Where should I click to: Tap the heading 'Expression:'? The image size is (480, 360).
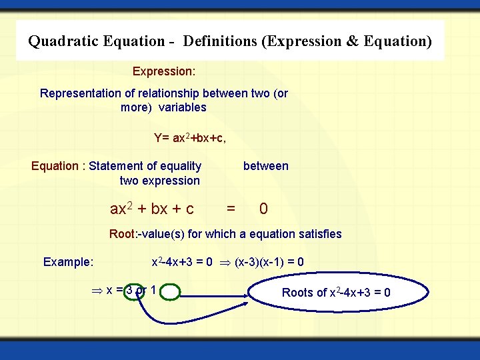[x=163, y=71]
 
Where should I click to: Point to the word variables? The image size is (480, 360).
[x=182, y=107]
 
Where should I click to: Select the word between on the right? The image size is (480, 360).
[x=265, y=166]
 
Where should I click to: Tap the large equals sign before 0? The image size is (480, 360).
[x=231, y=209]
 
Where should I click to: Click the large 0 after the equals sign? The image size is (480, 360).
[x=264, y=209]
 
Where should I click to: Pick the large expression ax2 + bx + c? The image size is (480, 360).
[x=152, y=209]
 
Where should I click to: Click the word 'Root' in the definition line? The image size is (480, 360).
[x=121, y=234]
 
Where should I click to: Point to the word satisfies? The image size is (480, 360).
[x=317, y=234]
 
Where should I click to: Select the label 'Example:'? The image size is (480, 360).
[x=68, y=262]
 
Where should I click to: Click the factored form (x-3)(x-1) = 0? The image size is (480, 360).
[x=269, y=262]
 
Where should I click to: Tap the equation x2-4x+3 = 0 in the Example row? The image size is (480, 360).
[x=182, y=262]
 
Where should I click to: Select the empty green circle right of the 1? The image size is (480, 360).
[x=170, y=291]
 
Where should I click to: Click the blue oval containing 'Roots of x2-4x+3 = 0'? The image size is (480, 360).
[x=336, y=293]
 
